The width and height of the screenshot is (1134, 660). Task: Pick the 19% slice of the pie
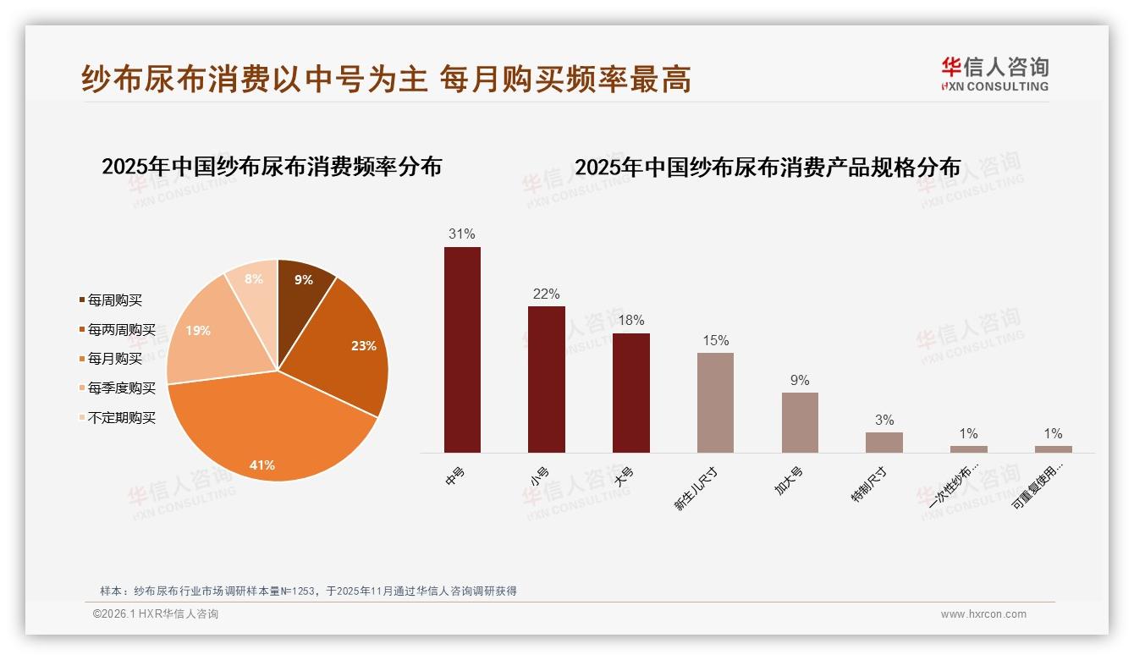pyautogui.click(x=203, y=334)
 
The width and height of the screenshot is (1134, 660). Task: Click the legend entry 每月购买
pyautogui.click(x=115, y=359)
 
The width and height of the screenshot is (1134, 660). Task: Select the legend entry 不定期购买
pyautogui.click(x=122, y=417)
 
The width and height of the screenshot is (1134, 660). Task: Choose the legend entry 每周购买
pyautogui.click(x=115, y=300)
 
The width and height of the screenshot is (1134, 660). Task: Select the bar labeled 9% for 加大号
pyautogui.click(x=800, y=422)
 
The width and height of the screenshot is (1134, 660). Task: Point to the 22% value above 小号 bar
pyautogui.click(x=546, y=294)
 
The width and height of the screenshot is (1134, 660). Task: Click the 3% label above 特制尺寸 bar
pyautogui.click(x=884, y=420)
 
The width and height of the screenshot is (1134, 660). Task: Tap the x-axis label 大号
pyautogui.click(x=623, y=478)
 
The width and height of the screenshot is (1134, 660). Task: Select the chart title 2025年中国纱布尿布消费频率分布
pyautogui.click(x=272, y=167)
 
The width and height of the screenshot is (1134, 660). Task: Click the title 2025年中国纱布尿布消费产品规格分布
pyautogui.click(x=768, y=167)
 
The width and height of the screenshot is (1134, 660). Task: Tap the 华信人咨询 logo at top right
pyautogui.click(x=994, y=74)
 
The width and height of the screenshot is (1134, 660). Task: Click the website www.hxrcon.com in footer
pyautogui.click(x=983, y=614)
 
